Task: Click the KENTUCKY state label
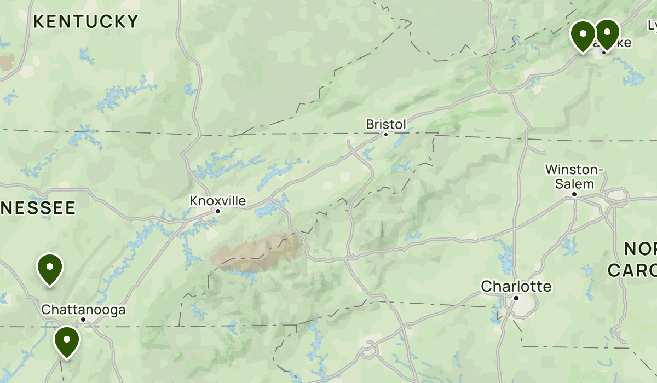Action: tap(86, 21)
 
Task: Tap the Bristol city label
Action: tap(386, 125)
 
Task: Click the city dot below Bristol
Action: tap(386, 134)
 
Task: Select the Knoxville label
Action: tap(218, 201)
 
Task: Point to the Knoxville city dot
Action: tap(218, 211)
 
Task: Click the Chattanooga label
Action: tap(83, 310)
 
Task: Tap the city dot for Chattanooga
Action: tap(83, 319)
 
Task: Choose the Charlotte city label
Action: tap(516, 286)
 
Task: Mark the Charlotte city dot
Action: tap(516, 298)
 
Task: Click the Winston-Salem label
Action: tap(574, 177)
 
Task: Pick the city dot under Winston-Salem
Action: tap(574, 194)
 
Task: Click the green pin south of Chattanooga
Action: tap(67, 341)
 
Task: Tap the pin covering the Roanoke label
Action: tap(607, 33)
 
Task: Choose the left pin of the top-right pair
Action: tap(583, 35)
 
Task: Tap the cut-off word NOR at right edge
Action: tap(641, 249)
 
